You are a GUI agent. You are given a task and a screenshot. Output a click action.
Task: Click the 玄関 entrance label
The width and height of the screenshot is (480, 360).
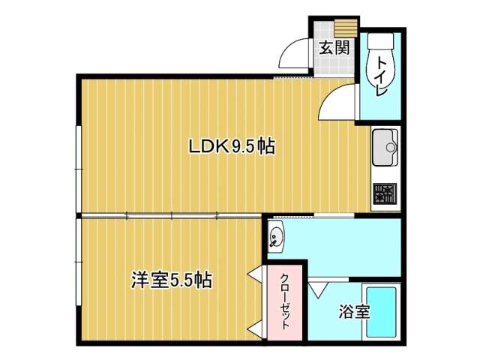click(x=334, y=48)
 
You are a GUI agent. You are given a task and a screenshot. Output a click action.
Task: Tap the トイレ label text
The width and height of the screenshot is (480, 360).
click(x=382, y=76)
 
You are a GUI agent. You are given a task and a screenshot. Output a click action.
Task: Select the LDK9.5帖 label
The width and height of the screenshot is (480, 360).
click(x=232, y=146)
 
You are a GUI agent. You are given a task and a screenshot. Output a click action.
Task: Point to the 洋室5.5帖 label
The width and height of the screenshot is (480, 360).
click(x=172, y=280)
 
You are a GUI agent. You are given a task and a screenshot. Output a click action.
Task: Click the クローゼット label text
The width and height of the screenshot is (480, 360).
click(x=285, y=301)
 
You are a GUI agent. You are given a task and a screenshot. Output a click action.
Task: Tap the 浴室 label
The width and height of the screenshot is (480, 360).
click(x=354, y=312)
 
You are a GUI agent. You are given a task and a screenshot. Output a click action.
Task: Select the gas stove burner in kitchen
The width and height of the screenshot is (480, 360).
click(x=385, y=193)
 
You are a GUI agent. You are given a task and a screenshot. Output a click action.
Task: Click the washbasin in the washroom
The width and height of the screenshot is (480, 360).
click(x=276, y=237)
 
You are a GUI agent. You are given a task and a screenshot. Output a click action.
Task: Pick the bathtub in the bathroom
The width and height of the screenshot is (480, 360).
click(x=382, y=312)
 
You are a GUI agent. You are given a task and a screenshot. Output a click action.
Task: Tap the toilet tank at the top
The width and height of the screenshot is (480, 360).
click(x=380, y=40)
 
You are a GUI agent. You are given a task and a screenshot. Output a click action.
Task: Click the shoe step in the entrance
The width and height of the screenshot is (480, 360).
click(x=346, y=28)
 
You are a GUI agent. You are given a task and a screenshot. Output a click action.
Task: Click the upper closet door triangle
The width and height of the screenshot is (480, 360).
click(x=256, y=273)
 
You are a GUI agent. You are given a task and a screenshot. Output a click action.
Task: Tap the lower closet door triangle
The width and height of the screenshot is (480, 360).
click(x=256, y=329)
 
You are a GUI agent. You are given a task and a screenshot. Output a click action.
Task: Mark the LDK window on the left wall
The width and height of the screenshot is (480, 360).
click(x=79, y=169)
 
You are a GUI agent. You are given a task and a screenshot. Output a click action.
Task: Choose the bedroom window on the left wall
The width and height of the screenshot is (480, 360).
click(x=79, y=262)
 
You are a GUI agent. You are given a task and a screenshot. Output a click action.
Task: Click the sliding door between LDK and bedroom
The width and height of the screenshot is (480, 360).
click(x=172, y=216)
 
